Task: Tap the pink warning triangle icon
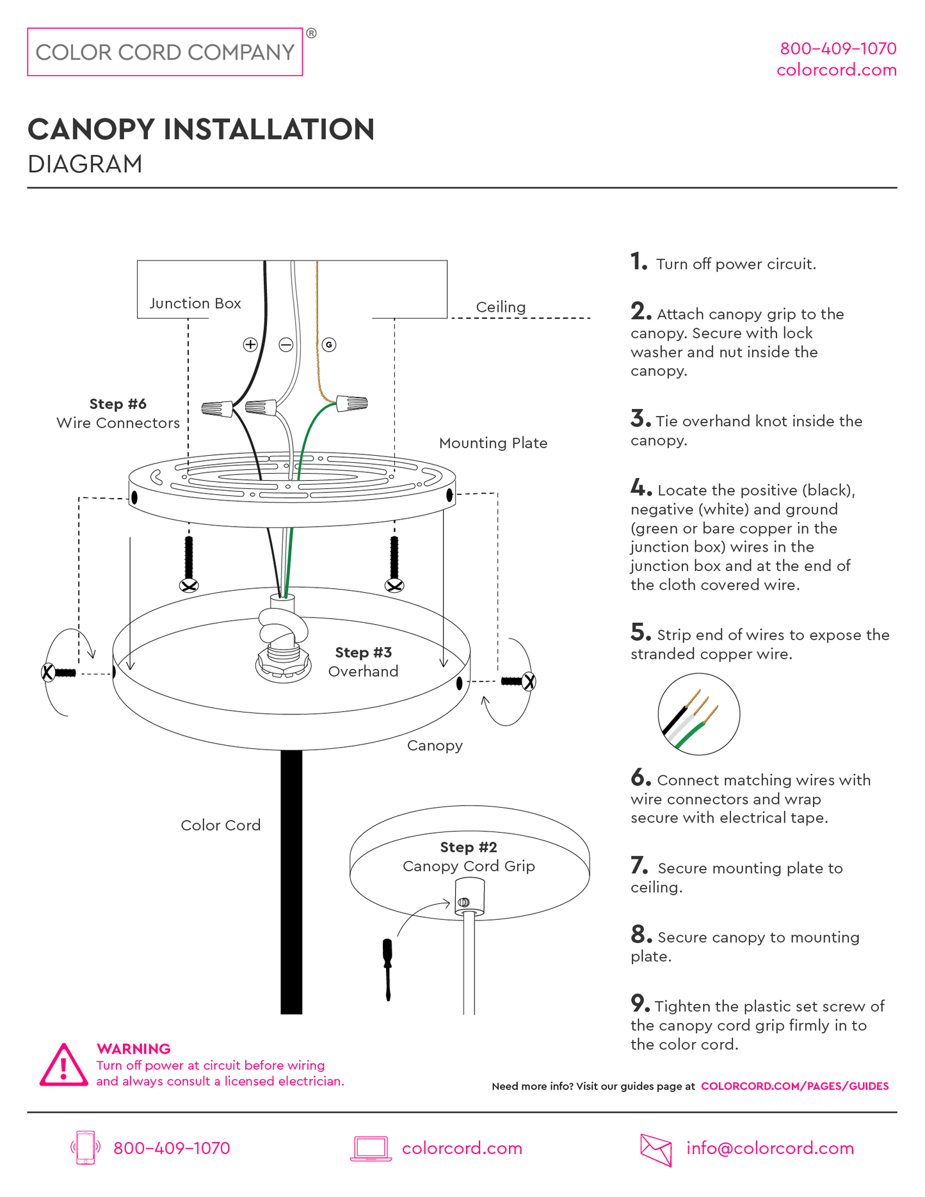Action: [63, 1066]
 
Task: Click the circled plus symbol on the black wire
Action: [250, 344]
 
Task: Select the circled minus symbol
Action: [286, 344]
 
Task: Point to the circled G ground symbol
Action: [329, 344]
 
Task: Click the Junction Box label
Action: [195, 303]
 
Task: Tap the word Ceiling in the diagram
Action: [501, 307]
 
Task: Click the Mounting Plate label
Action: [493, 443]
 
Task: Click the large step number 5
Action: [641, 632]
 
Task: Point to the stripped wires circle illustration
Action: [699, 714]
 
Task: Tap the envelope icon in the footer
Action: [656, 1150]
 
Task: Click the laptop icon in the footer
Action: [371, 1149]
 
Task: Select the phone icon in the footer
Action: [86, 1148]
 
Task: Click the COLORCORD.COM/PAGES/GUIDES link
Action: [795, 1086]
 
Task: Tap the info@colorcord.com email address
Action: [770, 1148]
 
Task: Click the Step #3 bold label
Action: [364, 652]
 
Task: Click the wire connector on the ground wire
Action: [352, 403]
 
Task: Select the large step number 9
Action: [641, 1003]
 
